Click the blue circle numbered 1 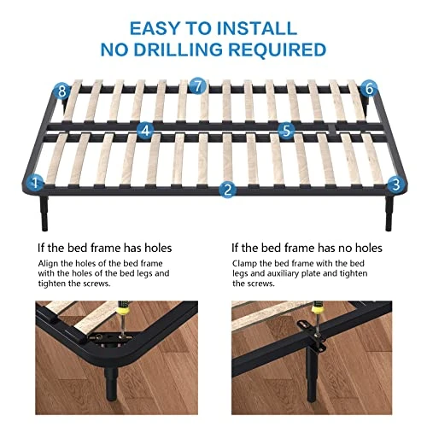(x=35, y=182)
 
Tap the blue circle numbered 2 (x=227, y=190)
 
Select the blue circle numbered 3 (x=396, y=184)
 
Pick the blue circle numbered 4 (x=145, y=131)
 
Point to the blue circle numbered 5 (x=286, y=131)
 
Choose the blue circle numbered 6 (x=369, y=89)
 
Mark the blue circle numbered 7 (x=197, y=85)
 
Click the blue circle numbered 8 (x=62, y=91)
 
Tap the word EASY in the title (x=155, y=28)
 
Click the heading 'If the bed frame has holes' (x=105, y=248)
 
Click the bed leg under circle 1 (x=44, y=213)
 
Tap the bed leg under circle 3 (x=389, y=213)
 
